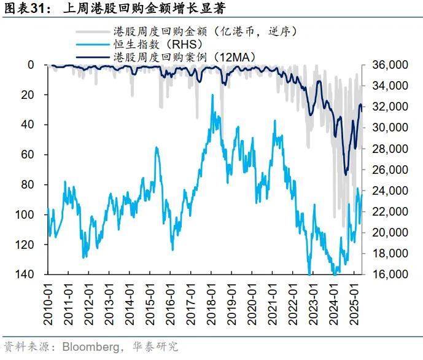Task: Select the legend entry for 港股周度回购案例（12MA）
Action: click(x=184, y=57)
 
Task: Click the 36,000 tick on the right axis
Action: click(x=386, y=65)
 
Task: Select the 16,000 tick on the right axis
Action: click(x=386, y=274)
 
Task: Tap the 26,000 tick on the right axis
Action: click(x=386, y=170)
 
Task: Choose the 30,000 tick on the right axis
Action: click(x=386, y=128)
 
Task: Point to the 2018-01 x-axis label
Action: click(x=212, y=301)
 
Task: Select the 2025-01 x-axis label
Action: click(x=353, y=301)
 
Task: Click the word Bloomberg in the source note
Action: click(x=79, y=347)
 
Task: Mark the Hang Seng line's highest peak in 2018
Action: click(x=212, y=95)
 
